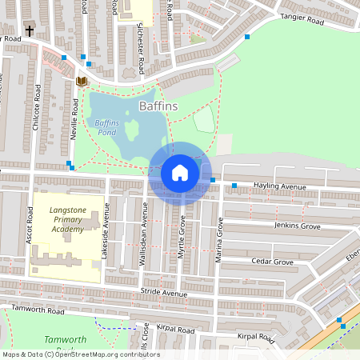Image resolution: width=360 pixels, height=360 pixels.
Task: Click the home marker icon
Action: [x=180, y=173]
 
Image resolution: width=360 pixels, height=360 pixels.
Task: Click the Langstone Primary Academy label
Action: [x=66, y=219]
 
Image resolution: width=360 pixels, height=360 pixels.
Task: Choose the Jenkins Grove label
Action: [x=298, y=226]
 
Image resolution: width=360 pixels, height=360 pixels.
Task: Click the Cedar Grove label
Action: [x=271, y=262]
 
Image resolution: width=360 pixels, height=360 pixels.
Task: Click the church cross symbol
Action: [x=29, y=31]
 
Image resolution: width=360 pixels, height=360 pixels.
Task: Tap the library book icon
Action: [x=80, y=82]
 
